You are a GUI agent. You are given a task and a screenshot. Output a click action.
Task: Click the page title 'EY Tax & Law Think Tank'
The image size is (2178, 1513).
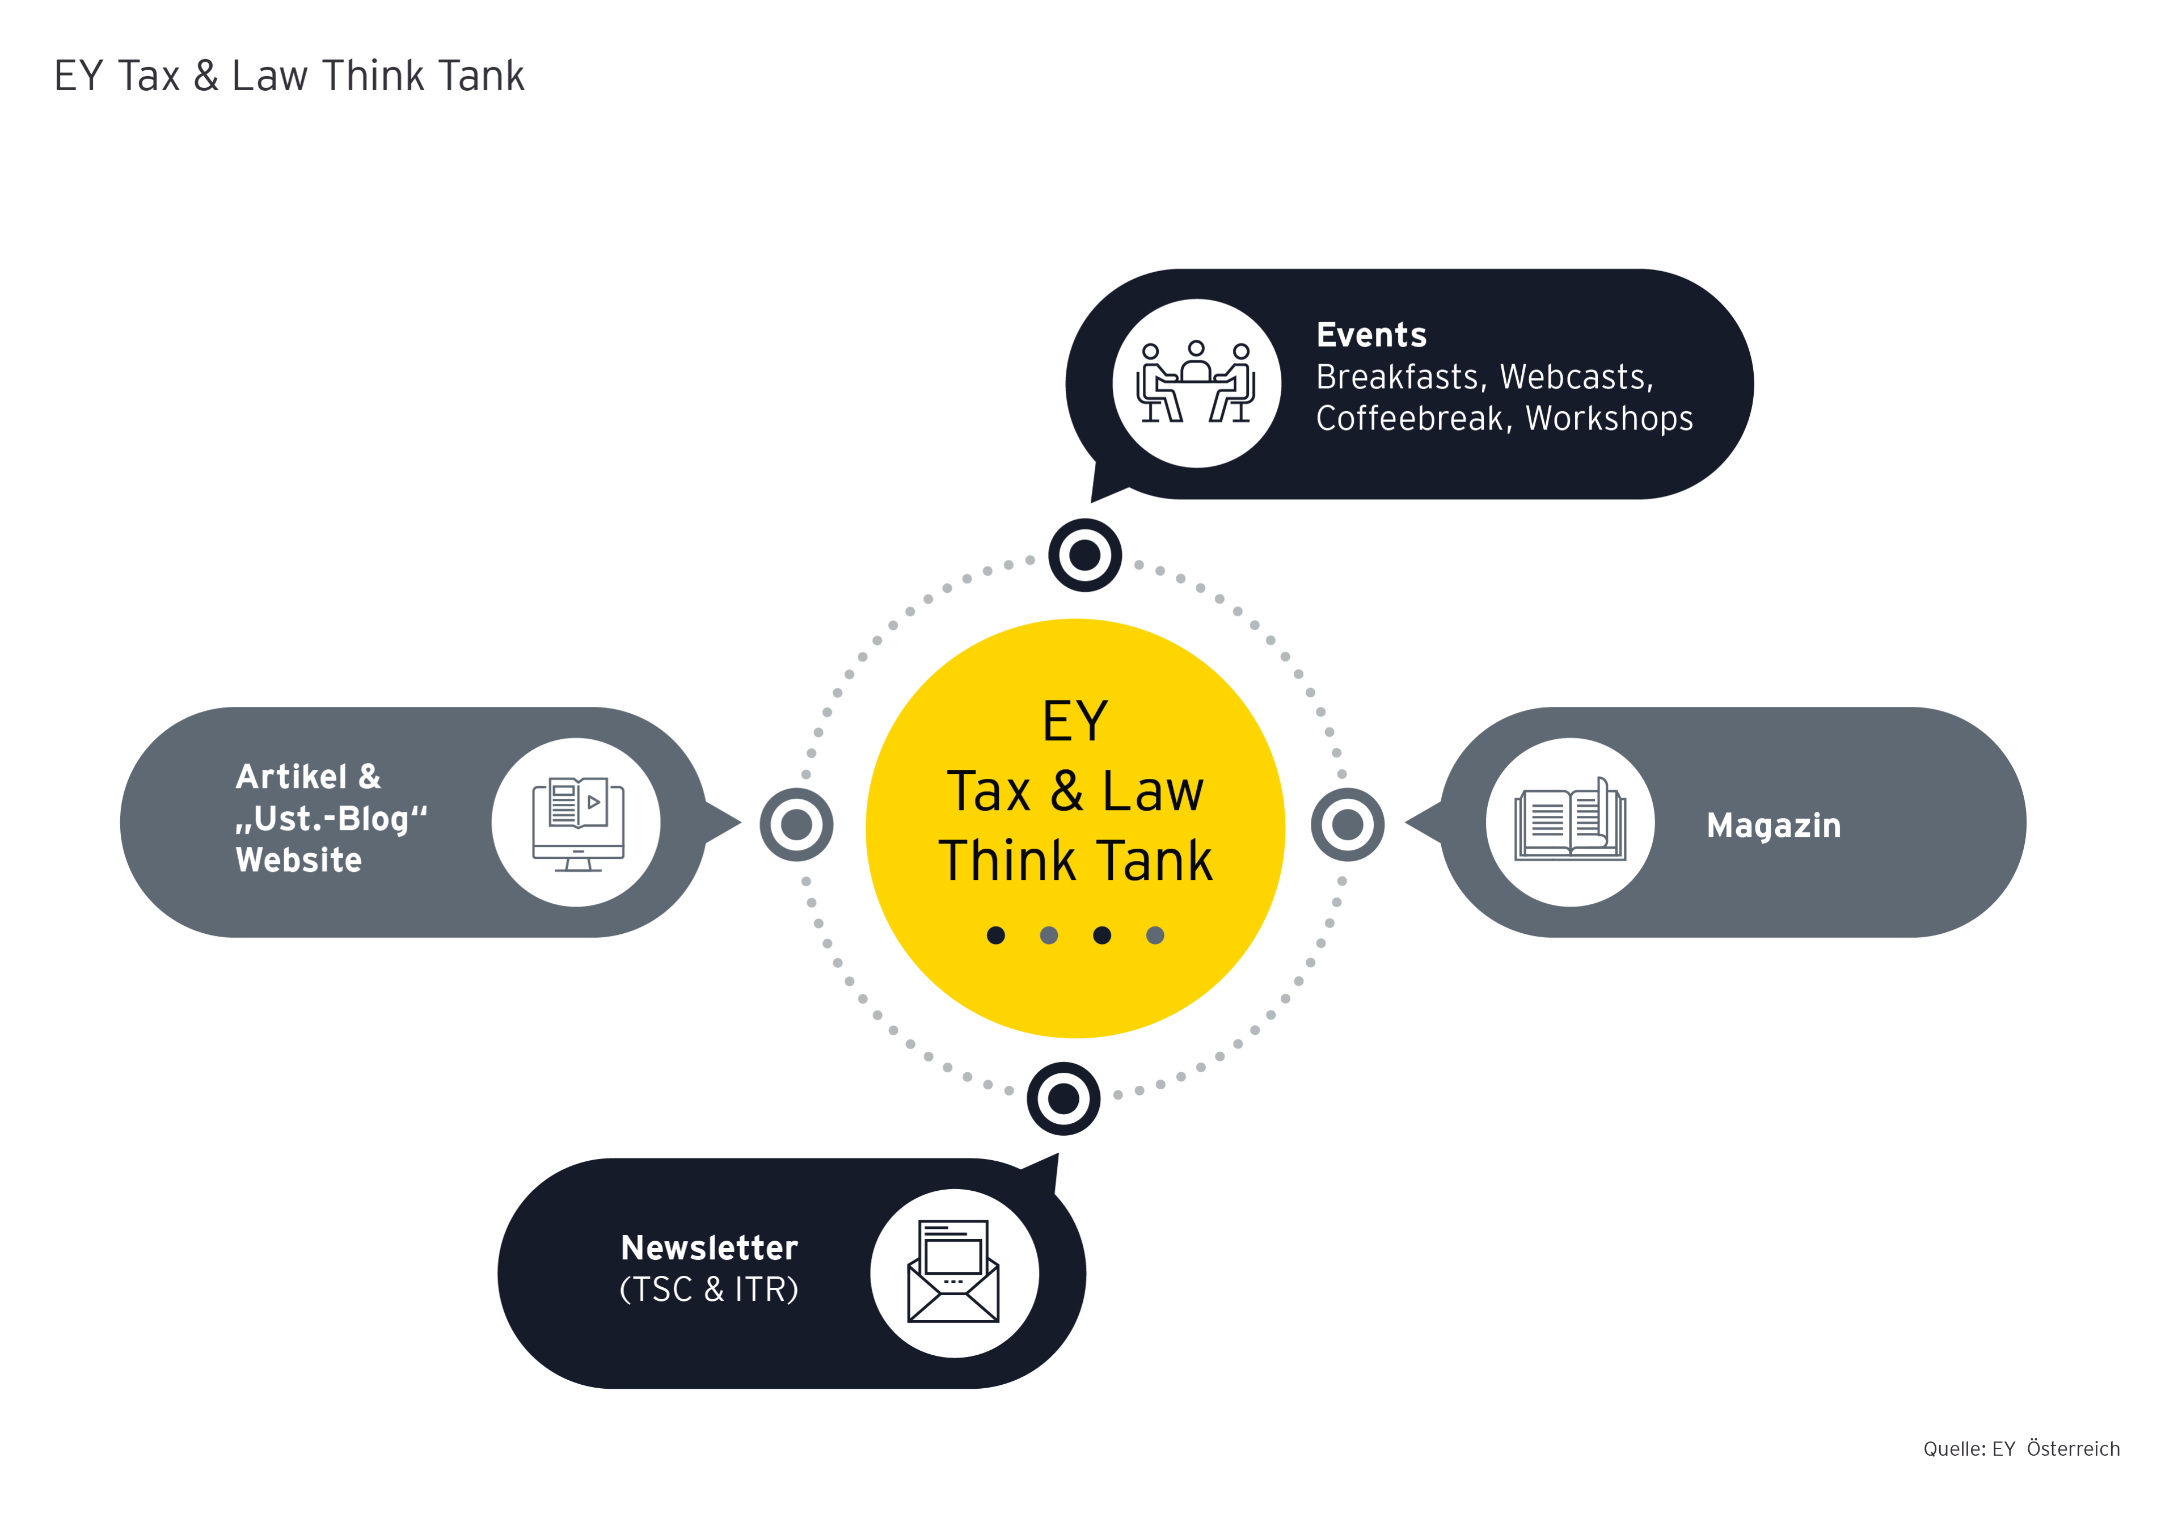(289, 76)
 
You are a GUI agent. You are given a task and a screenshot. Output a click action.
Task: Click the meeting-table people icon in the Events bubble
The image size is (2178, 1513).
(1196, 383)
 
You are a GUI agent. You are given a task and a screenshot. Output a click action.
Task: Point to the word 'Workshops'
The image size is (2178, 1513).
(1609, 418)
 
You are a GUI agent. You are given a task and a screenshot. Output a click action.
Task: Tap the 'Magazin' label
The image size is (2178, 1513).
(1773, 825)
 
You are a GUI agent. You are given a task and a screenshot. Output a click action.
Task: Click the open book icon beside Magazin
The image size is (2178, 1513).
(1569, 822)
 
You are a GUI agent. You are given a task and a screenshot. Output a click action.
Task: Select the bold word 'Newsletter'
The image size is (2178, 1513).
(709, 1248)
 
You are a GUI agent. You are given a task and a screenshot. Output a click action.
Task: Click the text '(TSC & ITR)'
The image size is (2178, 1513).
(709, 1289)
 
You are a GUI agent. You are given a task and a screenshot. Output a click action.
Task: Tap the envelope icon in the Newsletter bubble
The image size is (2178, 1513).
(953, 1272)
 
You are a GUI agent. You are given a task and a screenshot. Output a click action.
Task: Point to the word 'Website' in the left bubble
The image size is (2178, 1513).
(298, 860)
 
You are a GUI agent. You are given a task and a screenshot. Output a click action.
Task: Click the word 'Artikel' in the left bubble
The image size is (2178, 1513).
(291, 777)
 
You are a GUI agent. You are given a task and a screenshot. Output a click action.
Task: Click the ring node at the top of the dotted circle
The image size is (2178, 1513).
(1085, 555)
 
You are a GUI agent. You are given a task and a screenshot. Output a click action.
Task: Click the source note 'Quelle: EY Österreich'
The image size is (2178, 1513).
(2021, 1448)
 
